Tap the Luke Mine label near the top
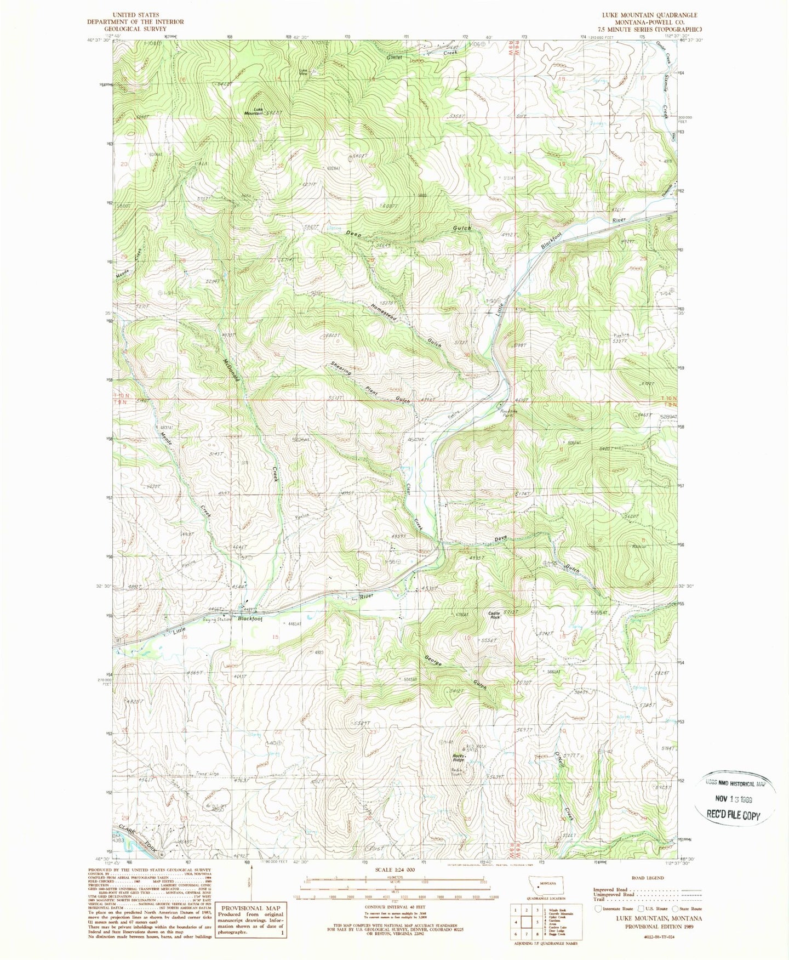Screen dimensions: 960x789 click(x=304, y=71)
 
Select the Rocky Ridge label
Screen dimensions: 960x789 click(x=459, y=758)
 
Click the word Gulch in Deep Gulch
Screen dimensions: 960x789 click(x=461, y=228)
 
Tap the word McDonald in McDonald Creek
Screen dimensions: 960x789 click(x=230, y=371)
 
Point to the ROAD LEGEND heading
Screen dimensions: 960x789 click(x=647, y=878)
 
